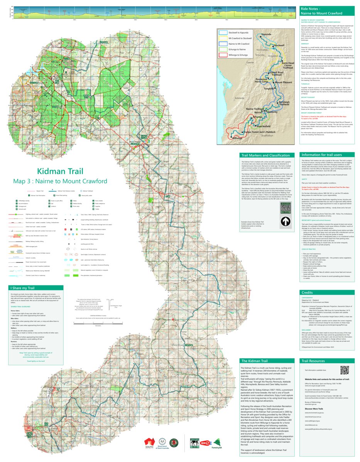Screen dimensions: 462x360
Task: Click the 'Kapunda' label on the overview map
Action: coord(267,34)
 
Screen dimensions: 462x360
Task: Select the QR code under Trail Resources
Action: coord(345,369)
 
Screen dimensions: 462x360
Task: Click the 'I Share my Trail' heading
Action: coord(23,287)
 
